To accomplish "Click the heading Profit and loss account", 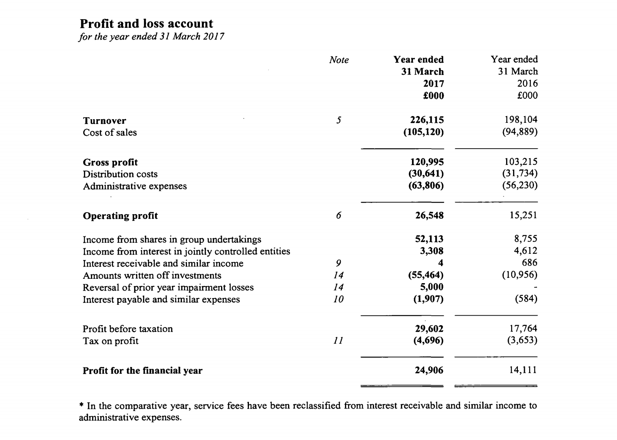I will pos(146,24).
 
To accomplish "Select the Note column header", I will pos(339,60).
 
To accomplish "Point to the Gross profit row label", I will pos(110,162).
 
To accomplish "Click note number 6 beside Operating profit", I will pos(339,216).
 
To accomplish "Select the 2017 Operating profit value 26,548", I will pos(429,216).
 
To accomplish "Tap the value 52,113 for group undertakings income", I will pos(429,239).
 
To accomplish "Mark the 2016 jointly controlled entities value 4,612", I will pos(526,251).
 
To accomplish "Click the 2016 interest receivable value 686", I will pos(530,263).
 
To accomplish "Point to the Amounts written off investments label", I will pos(152,276).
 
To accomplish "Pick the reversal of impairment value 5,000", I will pos(432,287).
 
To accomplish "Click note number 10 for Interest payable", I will pos(338,300).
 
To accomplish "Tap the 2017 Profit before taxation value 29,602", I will pos(429,329).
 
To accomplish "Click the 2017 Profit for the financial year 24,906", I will pos(429,371).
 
